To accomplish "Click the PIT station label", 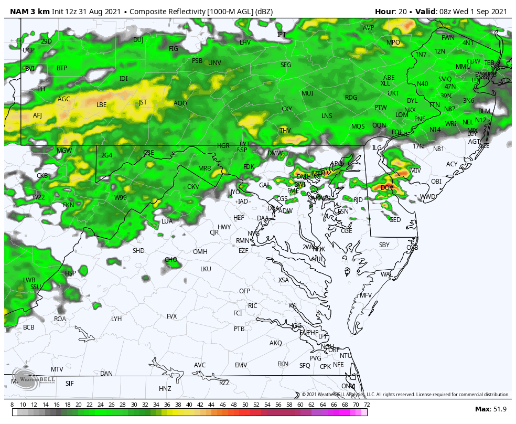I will [x=41, y=89].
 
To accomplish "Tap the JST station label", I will [x=143, y=102].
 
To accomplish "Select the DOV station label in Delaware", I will [x=387, y=188].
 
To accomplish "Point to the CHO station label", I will [x=171, y=260].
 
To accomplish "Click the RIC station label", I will [x=253, y=306].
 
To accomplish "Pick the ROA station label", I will [x=60, y=319].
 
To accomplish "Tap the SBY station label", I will [x=384, y=245].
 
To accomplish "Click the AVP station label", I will [x=369, y=28].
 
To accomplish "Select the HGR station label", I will [x=223, y=146].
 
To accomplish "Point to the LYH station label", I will [x=116, y=319].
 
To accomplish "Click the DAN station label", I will [x=106, y=374].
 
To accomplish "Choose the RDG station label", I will [x=351, y=98].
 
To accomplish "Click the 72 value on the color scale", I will [x=367, y=405].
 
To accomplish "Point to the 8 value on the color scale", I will [x=12, y=405].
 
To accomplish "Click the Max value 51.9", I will [x=498, y=409].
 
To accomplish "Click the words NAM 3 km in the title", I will [x=29, y=12].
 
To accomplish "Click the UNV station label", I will [x=214, y=63].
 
